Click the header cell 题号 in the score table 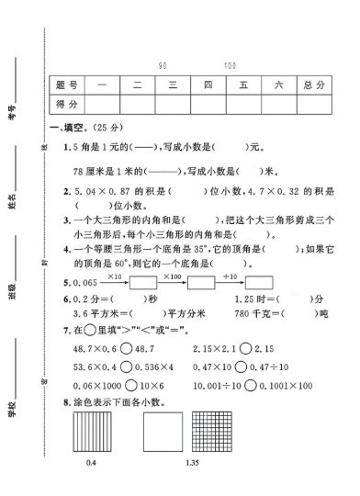[x=63, y=85]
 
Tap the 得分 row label [x=63, y=107]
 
